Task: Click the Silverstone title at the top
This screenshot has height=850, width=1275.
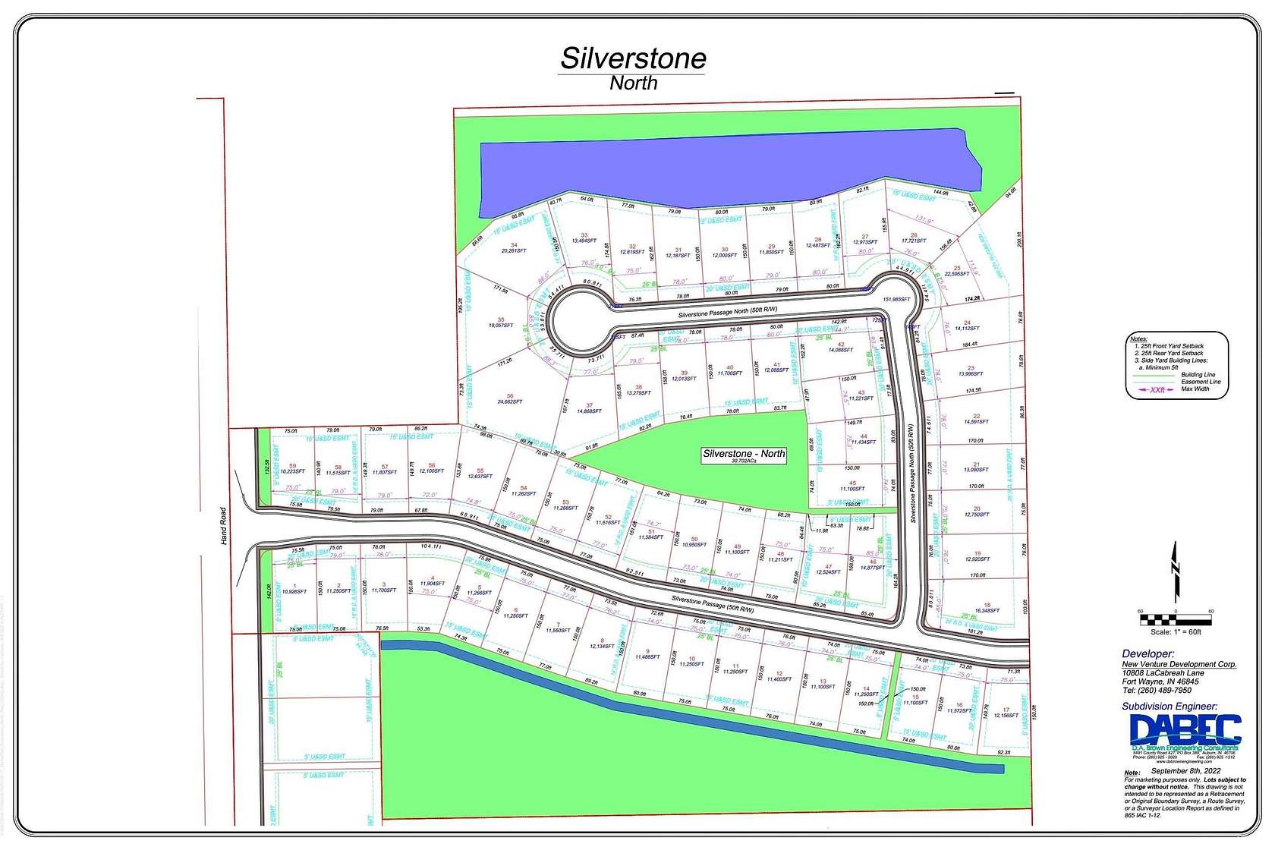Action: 633,58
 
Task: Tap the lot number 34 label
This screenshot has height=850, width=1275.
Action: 514,244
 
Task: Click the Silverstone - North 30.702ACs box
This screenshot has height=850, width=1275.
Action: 744,455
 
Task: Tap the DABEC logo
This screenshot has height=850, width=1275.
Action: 1185,732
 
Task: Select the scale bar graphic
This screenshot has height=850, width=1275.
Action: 1176,619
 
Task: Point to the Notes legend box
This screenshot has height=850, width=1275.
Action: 1176,364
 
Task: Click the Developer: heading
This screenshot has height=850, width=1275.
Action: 1148,653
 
